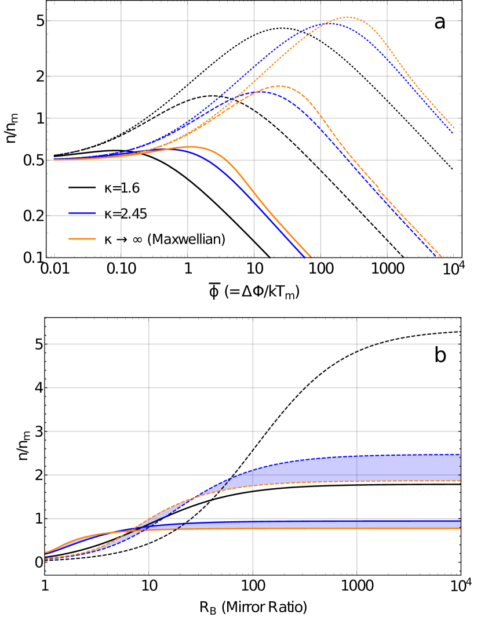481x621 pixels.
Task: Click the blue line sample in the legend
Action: coord(82,213)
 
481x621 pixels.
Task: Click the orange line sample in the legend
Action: coord(82,239)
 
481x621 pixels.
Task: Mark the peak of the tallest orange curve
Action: coord(348,17)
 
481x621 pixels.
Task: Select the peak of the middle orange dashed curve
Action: coord(279,86)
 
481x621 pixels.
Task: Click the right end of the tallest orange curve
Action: coord(454,128)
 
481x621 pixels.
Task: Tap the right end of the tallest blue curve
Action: coord(453,133)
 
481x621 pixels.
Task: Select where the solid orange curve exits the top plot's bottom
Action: coord(311,256)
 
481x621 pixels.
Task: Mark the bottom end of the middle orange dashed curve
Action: coord(442,256)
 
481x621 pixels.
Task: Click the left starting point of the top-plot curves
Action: coord(53,159)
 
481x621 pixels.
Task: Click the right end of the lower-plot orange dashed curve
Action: coord(460,481)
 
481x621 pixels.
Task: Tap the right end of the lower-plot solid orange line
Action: coord(460,528)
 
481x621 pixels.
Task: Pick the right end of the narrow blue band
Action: coord(460,524)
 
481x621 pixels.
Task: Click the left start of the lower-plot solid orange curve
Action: coord(46,553)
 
